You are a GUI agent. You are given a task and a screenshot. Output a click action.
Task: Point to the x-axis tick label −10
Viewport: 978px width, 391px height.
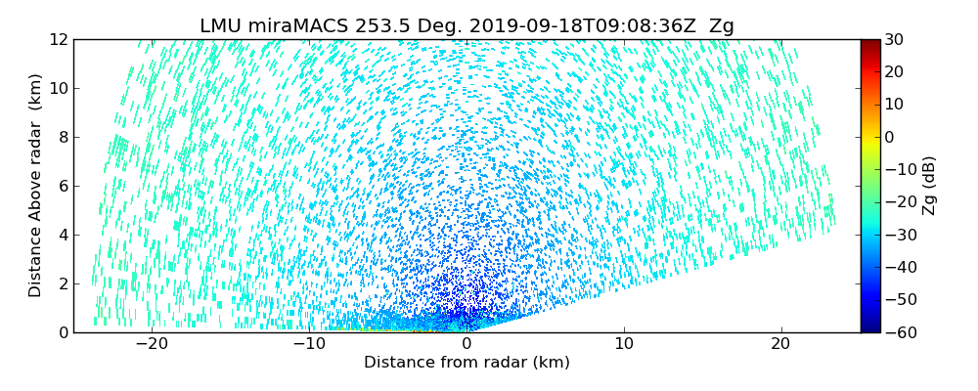tap(309, 344)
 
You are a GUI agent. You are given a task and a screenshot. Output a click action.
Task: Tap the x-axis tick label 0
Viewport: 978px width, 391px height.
tap(467, 344)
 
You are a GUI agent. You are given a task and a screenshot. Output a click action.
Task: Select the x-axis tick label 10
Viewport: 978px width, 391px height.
tap(624, 344)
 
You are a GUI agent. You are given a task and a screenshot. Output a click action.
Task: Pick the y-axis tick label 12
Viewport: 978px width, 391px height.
tap(58, 40)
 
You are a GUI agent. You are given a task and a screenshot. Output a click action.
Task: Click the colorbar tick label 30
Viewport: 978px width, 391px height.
tap(894, 40)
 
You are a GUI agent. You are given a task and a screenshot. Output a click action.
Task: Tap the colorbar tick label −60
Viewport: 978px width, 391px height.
tap(898, 332)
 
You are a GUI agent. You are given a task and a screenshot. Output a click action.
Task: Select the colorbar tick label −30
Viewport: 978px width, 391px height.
tap(898, 235)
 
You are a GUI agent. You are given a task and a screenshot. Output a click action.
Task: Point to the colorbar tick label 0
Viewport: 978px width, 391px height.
tap(890, 137)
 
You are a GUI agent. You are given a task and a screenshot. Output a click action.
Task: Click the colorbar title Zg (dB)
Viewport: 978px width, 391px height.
tap(929, 186)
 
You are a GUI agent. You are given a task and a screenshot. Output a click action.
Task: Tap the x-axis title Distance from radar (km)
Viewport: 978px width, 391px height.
tap(467, 363)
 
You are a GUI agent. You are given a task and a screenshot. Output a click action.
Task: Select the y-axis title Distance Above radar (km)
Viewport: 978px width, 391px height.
tap(36, 186)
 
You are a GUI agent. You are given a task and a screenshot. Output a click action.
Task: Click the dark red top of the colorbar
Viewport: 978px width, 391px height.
tap(870, 44)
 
